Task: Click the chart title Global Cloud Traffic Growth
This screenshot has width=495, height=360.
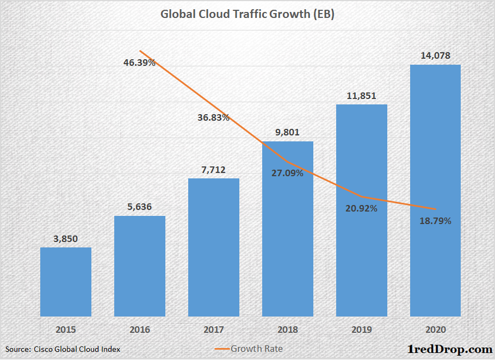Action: pos(247,15)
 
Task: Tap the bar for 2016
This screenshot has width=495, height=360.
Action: pos(140,266)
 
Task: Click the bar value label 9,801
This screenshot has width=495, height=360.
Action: pos(288,132)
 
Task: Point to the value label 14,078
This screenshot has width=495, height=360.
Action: pos(435,55)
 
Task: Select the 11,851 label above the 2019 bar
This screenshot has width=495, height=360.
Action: pos(361,95)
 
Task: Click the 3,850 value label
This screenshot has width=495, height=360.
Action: pos(66,238)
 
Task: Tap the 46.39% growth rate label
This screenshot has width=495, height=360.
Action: pos(139,63)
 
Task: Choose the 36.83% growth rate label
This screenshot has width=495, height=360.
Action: pos(213,117)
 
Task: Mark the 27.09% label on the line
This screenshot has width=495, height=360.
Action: pos(287,173)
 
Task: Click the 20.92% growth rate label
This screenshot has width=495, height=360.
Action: pos(361,209)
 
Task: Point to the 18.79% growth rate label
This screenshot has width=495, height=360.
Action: pos(435,221)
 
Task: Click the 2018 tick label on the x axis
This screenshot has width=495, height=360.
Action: pos(288,329)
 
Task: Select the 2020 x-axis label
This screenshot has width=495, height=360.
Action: pos(435,329)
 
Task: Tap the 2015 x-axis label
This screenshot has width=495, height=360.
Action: pos(66,329)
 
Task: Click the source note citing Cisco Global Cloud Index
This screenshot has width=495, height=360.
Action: pos(63,349)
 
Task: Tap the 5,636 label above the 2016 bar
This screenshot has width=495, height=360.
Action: pos(140,207)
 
